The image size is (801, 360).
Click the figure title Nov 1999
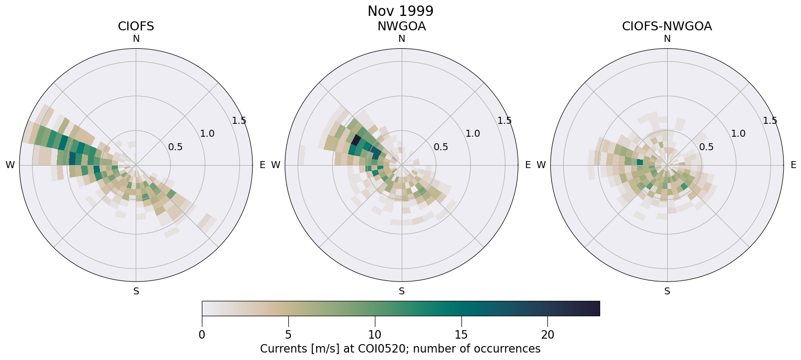400,11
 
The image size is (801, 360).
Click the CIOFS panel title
136,26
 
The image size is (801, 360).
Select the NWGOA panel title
401,26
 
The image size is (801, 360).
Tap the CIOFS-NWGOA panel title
667,26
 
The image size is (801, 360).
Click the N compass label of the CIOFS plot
136,39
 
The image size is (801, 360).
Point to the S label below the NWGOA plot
402,291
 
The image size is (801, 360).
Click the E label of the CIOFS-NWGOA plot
794,165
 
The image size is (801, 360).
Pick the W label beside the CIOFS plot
10,165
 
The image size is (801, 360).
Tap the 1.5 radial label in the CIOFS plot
239,120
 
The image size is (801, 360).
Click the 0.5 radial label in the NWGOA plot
441,147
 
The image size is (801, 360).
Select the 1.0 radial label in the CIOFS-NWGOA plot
738,133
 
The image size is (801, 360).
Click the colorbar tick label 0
202,335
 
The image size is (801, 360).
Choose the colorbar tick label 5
288,335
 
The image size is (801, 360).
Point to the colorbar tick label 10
375,335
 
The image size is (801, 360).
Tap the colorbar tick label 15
461,335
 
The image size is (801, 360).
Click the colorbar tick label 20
547,335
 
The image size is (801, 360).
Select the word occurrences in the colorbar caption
509,349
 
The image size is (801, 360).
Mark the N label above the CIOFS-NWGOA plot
667,39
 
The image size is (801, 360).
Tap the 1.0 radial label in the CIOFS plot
207,133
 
